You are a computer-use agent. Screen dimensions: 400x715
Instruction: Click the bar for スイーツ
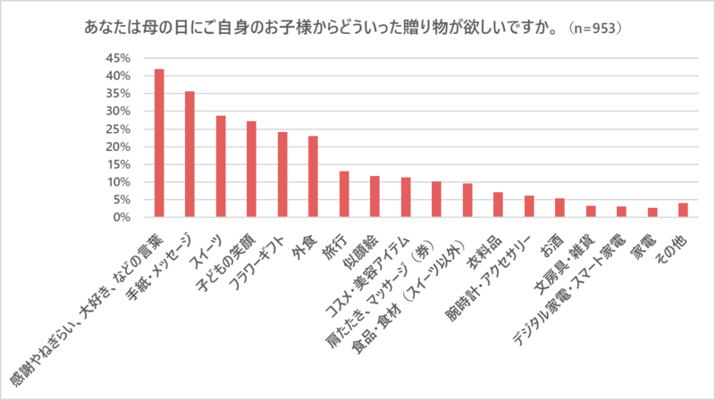click(220, 167)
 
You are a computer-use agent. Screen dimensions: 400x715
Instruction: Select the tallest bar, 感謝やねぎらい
click(159, 143)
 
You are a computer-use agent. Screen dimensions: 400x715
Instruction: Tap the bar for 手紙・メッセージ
click(189, 154)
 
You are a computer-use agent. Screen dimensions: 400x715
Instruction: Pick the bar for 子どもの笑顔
click(251, 170)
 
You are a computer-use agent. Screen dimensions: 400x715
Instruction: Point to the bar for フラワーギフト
click(282, 175)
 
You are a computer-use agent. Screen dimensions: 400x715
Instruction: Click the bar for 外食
click(313, 177)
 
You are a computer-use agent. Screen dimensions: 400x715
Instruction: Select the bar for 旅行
click(343, 195)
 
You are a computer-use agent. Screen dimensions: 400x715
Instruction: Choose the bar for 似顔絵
click(374, 196)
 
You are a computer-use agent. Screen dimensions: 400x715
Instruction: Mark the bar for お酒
click(559, 208)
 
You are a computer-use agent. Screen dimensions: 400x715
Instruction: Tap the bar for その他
click(683, 210)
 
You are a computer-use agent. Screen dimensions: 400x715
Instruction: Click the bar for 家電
click(652, 212)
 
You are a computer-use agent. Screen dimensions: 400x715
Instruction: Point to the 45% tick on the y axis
click(119, 58)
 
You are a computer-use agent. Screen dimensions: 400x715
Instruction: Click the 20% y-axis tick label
click(119, 146)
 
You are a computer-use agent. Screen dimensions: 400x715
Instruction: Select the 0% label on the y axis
click(122, 217)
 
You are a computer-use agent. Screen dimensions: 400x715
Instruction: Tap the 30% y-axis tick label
click(119, 112)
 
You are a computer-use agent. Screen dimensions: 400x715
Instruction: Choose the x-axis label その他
click(674, 250)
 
